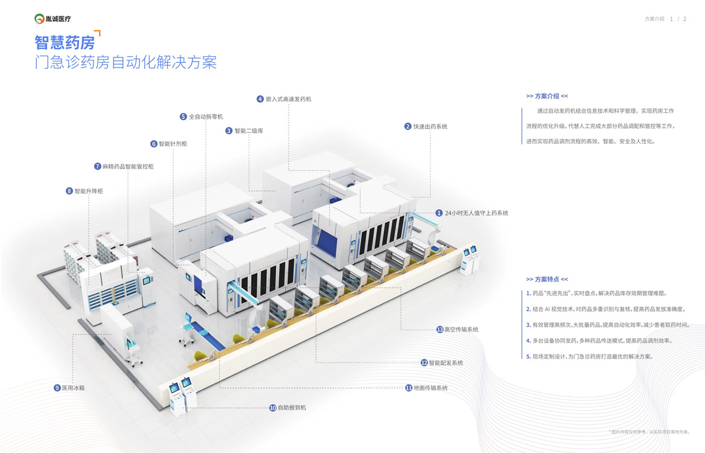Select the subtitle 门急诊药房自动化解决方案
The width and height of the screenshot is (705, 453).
point(126,62)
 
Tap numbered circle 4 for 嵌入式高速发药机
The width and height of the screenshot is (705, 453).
point(260,99)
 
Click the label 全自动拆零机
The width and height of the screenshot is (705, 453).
point(206,117)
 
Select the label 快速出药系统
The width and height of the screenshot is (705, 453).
point(430,126)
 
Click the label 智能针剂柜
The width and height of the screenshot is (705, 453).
point(173,144)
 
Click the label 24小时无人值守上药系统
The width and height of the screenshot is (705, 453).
point(476,213)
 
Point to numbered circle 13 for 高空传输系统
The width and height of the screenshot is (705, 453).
point(440,330)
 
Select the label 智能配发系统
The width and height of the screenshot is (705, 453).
point(446,363)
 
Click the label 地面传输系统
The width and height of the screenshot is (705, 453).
point(430,388)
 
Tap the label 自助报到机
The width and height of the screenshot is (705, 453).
point(292,408)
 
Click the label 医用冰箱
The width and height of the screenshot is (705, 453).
point(73,388)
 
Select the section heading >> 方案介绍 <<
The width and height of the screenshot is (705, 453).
point(547,96)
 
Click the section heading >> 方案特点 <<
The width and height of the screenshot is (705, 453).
point(547,279)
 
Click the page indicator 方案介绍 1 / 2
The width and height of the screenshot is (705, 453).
point(665,19)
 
